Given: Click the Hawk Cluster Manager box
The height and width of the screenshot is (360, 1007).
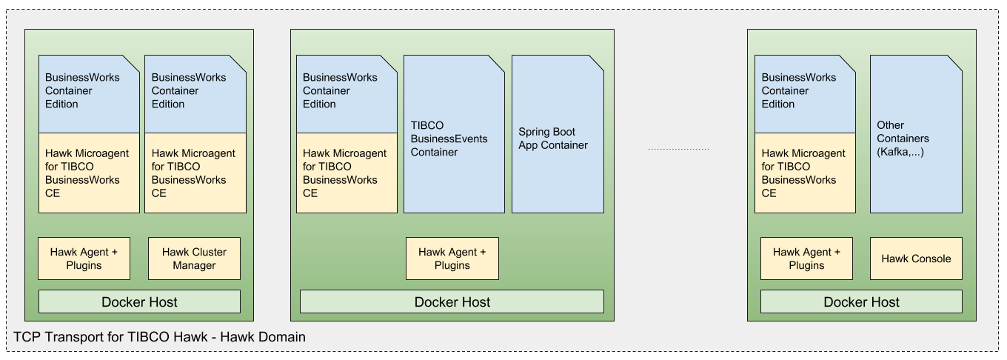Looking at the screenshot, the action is click(x=194, y=259).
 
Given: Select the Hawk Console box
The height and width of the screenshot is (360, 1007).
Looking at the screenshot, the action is click(x=916, y=259).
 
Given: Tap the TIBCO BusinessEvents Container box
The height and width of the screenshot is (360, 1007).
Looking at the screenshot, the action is click(x=454, y=134).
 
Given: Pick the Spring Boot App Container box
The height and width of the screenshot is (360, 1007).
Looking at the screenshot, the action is click(x=558, y=134).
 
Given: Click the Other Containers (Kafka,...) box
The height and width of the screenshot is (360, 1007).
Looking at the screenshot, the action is click(x=916, y=134).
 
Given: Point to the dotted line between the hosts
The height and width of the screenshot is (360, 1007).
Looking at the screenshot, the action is click(x=679, y=149).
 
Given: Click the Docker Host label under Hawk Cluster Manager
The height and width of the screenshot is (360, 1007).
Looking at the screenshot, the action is click(x=139, y=302).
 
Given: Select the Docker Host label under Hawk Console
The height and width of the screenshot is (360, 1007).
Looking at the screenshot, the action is click(x=861, y=302).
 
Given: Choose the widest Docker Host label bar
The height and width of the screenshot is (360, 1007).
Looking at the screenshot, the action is click(x=452, y=302).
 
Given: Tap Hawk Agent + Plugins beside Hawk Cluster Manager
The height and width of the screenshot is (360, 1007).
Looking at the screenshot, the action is click(x=84, y=259).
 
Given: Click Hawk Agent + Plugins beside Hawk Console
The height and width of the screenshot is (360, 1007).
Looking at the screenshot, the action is click(x=806, y=259).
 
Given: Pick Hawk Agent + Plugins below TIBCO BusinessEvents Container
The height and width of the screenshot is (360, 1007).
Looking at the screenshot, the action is click(x=452, y=259).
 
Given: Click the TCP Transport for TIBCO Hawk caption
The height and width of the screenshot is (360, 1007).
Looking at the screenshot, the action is click(x=160, y=337).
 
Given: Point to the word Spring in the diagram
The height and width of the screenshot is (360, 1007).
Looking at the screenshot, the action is click(x=535, y=133).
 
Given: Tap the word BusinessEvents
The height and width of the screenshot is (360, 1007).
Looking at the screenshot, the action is click(x=449, y=139).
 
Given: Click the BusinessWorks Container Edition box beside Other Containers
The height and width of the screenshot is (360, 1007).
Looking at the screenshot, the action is click(x=805, y=94).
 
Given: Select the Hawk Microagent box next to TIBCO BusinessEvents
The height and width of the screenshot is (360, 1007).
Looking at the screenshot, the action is click(x=347, y=173).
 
